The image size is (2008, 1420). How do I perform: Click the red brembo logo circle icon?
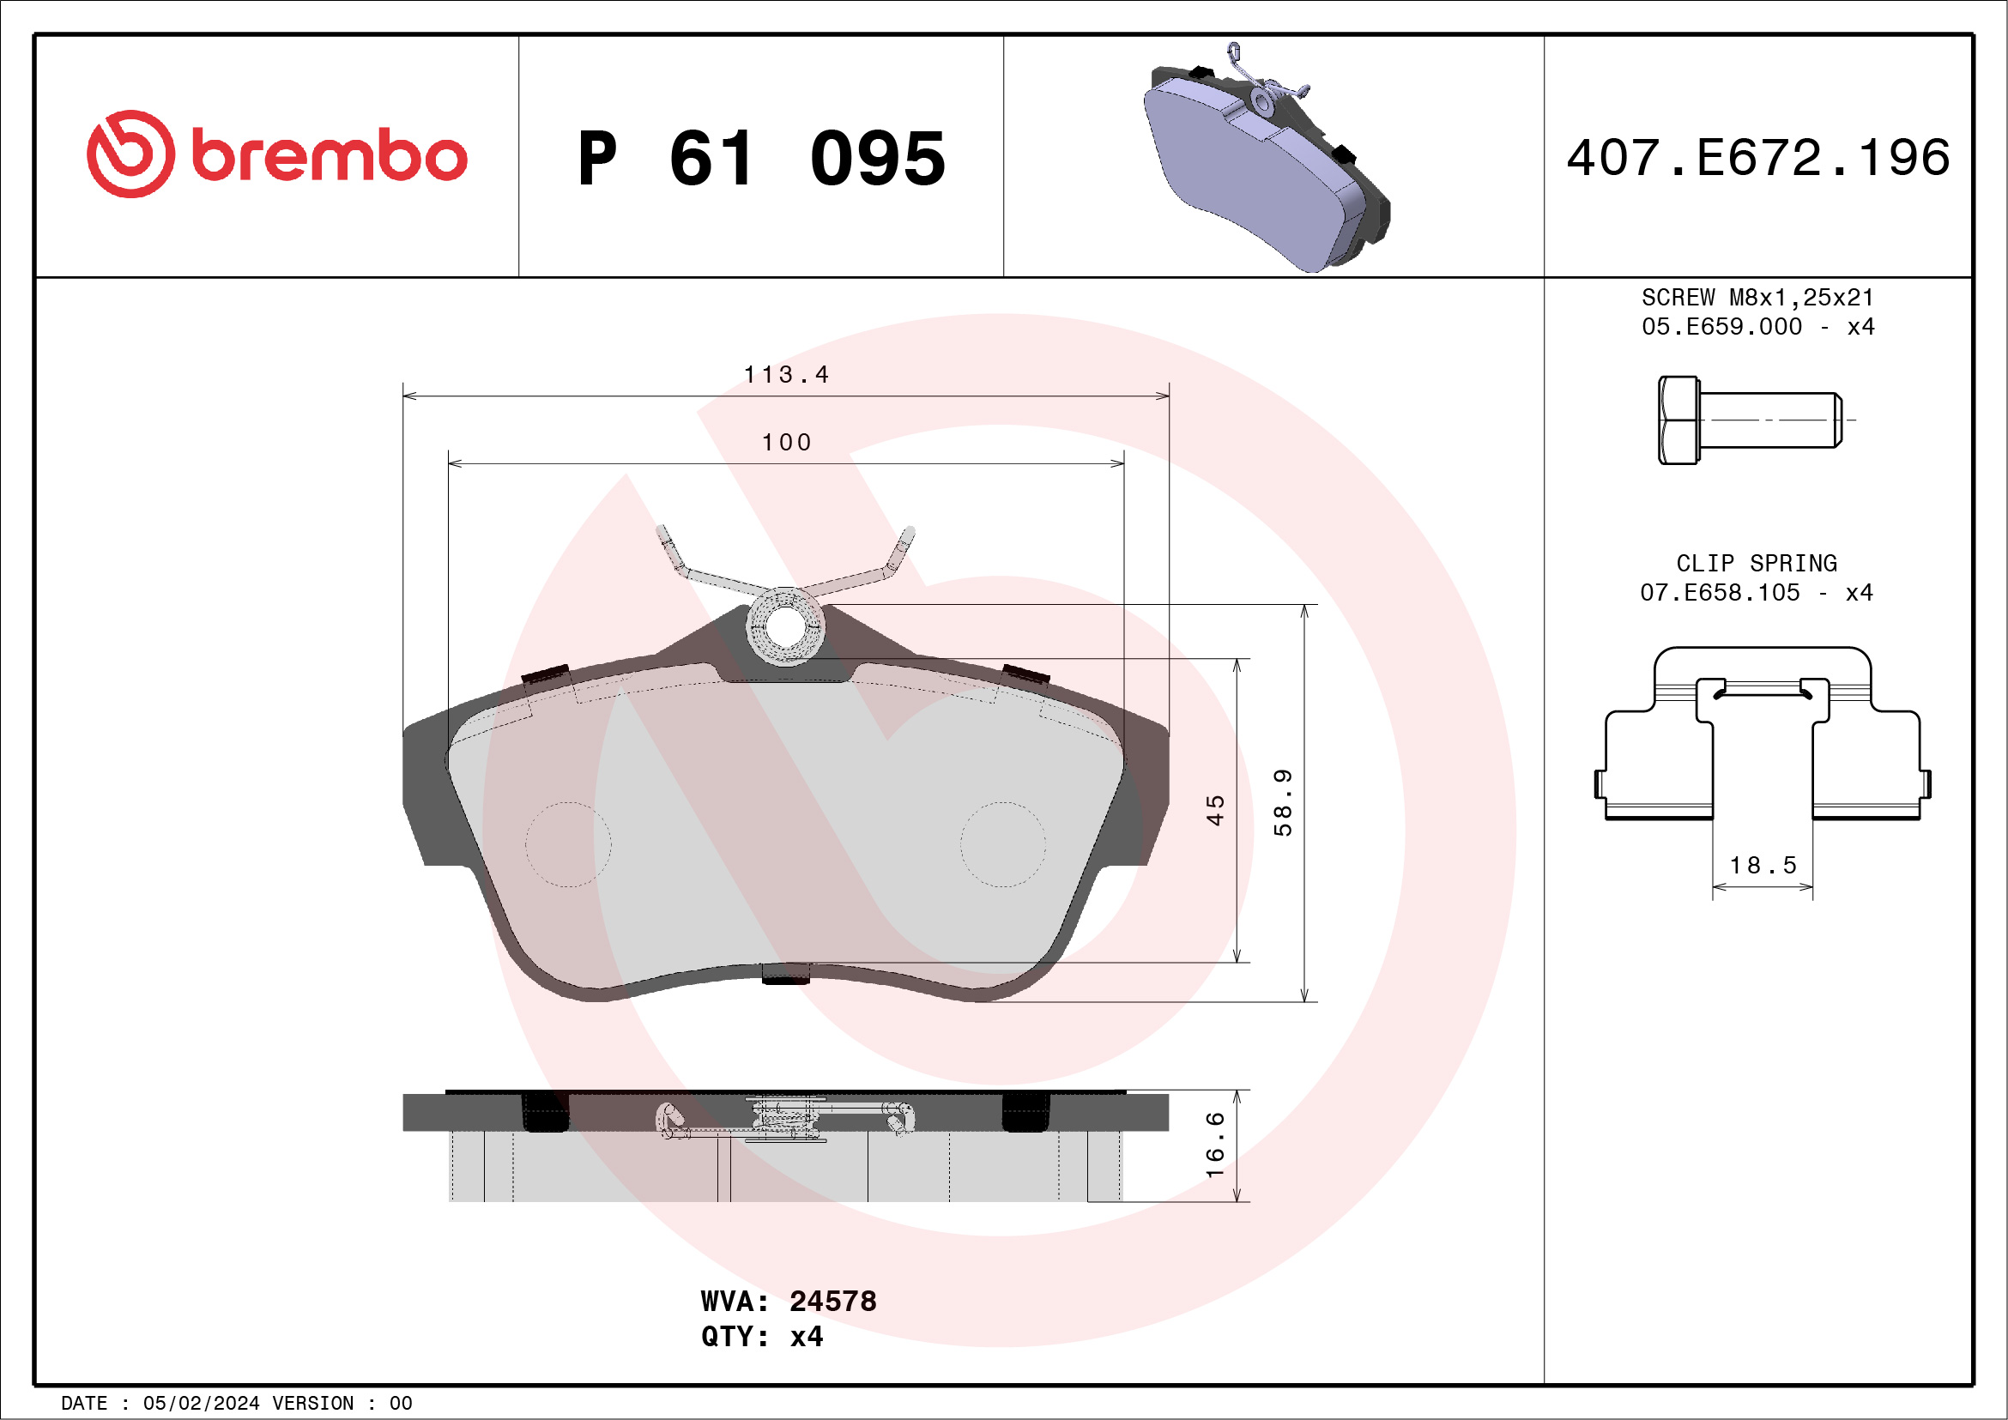pyautogui.click(x=130, y=154)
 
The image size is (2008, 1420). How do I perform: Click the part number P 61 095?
pyautogui.click(x=761, y=159)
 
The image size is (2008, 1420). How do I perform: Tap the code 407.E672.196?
pyautogui.click(x=1758, y=158)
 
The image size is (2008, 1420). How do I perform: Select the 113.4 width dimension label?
pyautogui.click(x=785, y=375)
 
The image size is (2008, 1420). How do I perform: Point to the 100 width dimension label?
pyautogui.click(x=786, y=443)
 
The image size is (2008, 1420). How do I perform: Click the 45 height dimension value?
pyautogui.click(x=1215, y=810)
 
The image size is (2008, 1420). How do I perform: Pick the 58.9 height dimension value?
pyautogui.click(x=1282, y=803)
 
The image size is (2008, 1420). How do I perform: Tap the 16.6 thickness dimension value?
pyautogui.click(x=1215, y=1145)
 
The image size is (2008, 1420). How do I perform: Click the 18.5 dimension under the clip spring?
pyautogui.click(x=1763, y=866)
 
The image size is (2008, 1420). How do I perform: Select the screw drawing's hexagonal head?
pyautogui.click(x=1678, y=420)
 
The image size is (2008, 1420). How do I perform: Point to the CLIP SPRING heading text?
pyautogui.click(x=1756, y=563)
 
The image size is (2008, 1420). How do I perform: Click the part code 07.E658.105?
pyautogui.click(x=1720, y=593)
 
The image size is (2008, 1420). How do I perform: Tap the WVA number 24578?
pyautogui.click(x=832, y=1301)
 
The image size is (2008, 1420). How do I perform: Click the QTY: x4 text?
pyautogui.click(x=761, y=1337)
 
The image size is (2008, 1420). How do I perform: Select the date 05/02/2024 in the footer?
pyautogui.click(x=201, y=1404)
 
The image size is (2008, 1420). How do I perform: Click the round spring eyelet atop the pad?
pyautogui.click(x=784, y=625)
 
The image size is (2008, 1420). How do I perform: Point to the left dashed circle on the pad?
pyautogui.click(x=568, y=844)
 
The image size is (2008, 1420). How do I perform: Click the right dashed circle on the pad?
pyautogui.click(x=1003, y=844)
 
